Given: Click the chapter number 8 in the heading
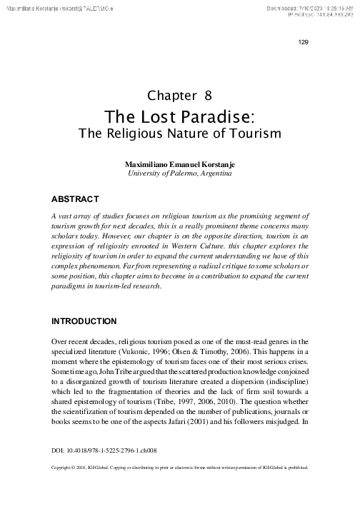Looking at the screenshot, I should [x=208, y=95].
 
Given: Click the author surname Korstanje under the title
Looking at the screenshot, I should [x=214, y=164].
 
